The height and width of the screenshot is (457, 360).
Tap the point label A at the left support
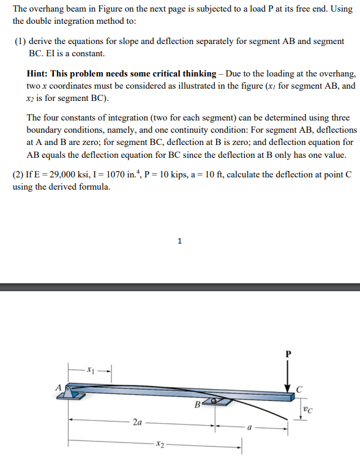point(59,387)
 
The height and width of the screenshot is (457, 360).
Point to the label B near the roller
point(198,404)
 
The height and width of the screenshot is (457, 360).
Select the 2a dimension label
point(139,422)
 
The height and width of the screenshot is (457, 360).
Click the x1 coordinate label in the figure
point(91,370)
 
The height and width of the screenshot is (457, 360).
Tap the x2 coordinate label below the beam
point(160,443)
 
